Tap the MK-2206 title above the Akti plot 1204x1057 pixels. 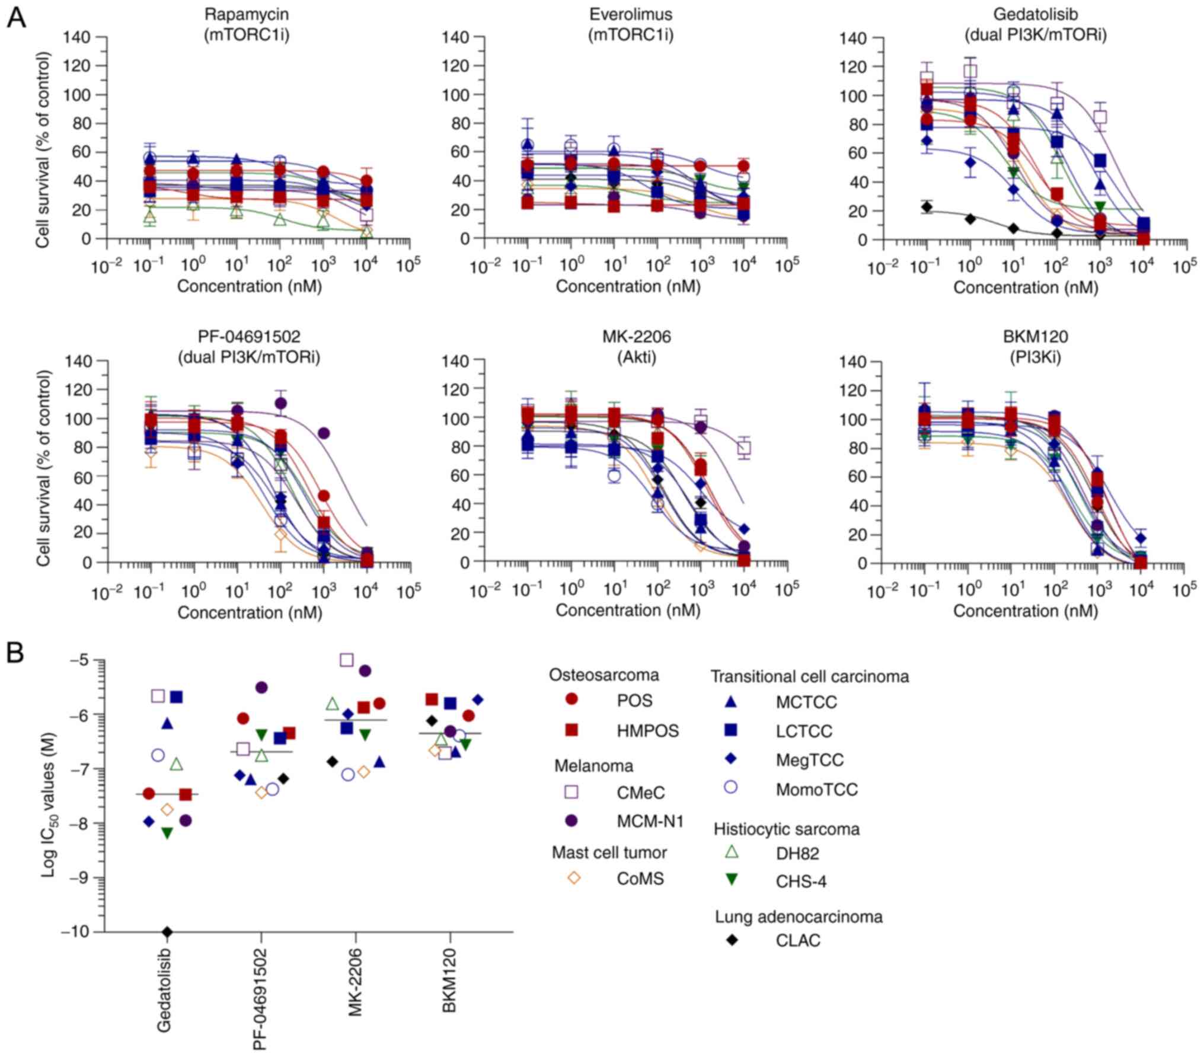point(630,337)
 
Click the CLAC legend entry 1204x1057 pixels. point(798,941)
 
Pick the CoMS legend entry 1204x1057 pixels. point(640,879)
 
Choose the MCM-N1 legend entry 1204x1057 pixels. point(650,821)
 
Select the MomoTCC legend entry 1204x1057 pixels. point(816,790)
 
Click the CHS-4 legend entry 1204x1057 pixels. point(801,882)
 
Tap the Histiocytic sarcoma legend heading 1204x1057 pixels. point(786,829)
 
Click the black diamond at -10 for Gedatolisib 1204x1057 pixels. point(167,933)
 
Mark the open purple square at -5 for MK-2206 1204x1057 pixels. point(347,660)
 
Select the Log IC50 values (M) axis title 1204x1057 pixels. point(49,795)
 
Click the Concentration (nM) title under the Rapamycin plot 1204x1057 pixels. point(249,287)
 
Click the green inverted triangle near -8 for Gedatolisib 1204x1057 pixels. point(167,834)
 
